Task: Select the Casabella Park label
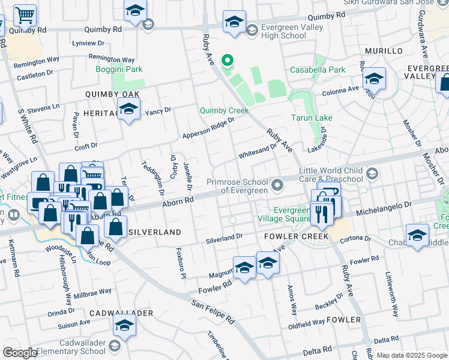tap(318, 70)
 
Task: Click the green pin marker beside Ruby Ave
tap(227, 60)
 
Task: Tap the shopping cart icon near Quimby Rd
tap(25, 14)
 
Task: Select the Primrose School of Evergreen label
tap(237, 186)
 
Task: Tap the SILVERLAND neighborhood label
tap(155, 232)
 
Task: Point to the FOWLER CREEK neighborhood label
tap(296, 236)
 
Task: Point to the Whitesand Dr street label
tap(258, 150)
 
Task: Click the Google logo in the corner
tap(20, 353)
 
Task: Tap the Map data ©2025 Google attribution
tap(411, 355)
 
